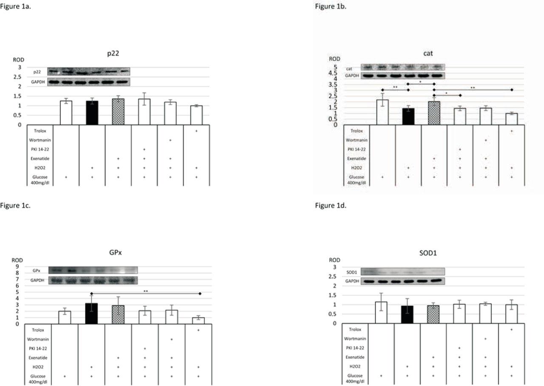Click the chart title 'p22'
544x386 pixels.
pyautogui.click(x=113, y=53)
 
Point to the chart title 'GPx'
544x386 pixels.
pyautogui.click(x=116, y=252)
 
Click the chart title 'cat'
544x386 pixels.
pyautogui.click(x=428, y=53)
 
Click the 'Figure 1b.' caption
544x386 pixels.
pyautogui.click(x=330, y=6)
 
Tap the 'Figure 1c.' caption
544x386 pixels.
pyautogui.click(x=15, y=206)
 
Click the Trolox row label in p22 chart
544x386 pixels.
pyautogui.click(x=40, y=131)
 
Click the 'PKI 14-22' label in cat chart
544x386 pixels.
pyautogui.click(x=356, y=149)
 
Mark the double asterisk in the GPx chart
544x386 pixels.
pyautogui.click(x=146, y=291)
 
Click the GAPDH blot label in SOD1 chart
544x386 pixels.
pyautogui.click(x=352, y=281)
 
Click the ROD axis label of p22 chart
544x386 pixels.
pyautogui.click(x=18, y=60)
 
